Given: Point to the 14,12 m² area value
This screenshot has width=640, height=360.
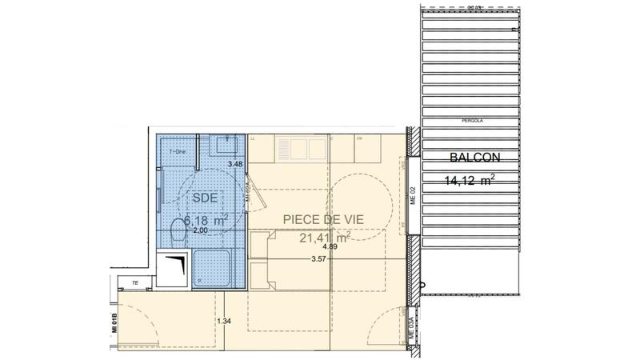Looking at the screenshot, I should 469,180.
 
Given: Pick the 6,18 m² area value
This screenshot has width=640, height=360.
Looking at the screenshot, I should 206,218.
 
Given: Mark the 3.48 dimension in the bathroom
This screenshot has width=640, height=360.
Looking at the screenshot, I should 234,164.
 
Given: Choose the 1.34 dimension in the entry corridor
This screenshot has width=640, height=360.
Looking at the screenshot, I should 224,322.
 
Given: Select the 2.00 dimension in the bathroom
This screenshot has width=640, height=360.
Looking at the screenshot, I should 201,230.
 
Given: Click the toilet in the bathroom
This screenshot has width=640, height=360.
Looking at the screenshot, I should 178,232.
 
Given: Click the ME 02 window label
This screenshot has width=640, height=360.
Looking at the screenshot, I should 414,195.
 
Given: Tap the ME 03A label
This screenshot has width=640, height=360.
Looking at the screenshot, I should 412,329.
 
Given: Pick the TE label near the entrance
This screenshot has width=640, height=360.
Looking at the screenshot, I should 135,282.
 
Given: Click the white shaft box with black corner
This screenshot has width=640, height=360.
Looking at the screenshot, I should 174,269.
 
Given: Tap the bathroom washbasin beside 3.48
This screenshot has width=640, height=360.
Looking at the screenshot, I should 224,146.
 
